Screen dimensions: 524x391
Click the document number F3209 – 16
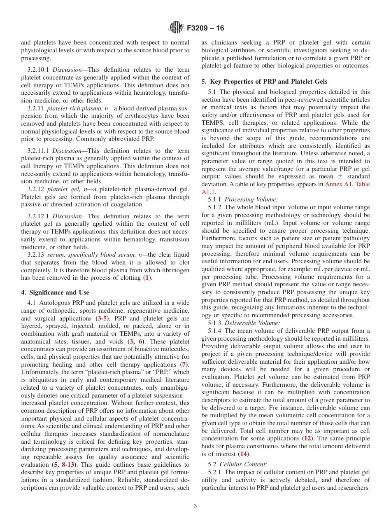point(205,28)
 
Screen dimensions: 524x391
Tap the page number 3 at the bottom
point(195,506)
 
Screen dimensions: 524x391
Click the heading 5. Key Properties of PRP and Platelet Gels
point(264,82)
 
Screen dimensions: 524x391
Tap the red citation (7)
point(185,365)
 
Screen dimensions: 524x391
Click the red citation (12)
point(307,438)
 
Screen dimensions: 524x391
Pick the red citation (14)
point(244,454)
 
